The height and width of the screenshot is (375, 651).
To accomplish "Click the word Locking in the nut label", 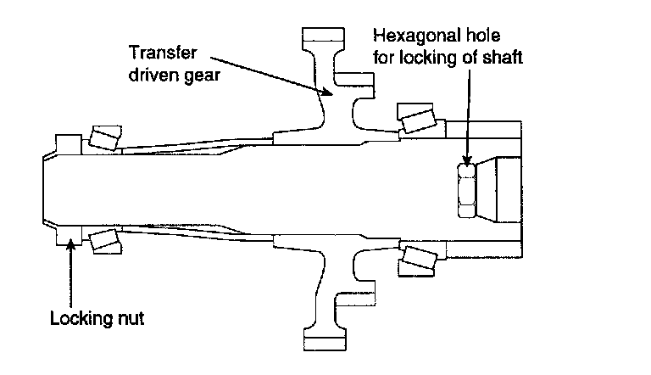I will (x=74, y=320).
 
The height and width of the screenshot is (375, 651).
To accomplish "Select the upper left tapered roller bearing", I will (x=104, y=137).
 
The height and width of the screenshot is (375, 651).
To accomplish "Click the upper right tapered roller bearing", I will (x=418, y=119).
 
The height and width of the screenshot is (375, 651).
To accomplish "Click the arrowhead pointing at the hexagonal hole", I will (x=465, y=161).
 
